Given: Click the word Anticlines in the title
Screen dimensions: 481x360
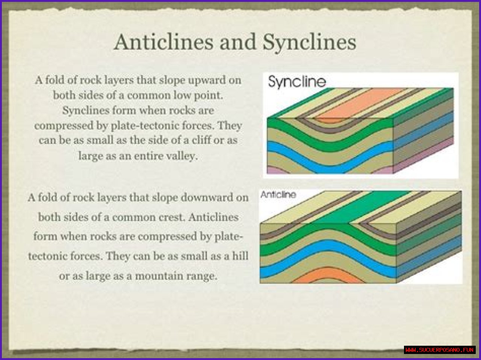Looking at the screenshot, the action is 163,42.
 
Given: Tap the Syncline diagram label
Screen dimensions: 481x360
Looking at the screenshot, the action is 297,81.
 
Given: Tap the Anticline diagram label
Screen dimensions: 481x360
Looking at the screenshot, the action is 278,194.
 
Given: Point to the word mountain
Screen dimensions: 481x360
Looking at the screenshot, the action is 159,276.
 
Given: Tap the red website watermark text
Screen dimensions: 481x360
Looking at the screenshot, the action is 440,350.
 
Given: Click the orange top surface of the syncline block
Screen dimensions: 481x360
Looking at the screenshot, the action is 359,103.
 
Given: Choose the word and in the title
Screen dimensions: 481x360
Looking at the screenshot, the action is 238,42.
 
